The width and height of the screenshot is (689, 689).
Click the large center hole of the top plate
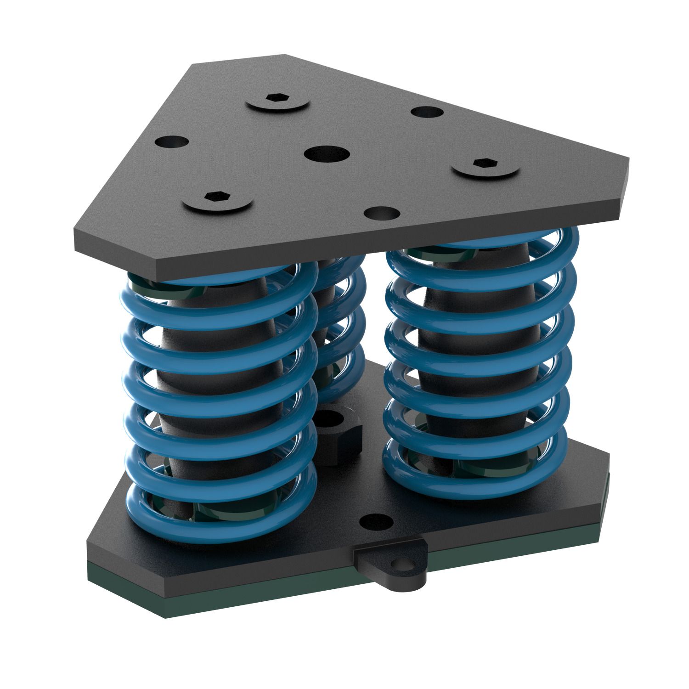327,153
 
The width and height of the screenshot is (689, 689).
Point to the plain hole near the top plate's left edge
171,142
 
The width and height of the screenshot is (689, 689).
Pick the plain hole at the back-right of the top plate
427,112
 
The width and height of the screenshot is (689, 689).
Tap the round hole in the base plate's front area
376,521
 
